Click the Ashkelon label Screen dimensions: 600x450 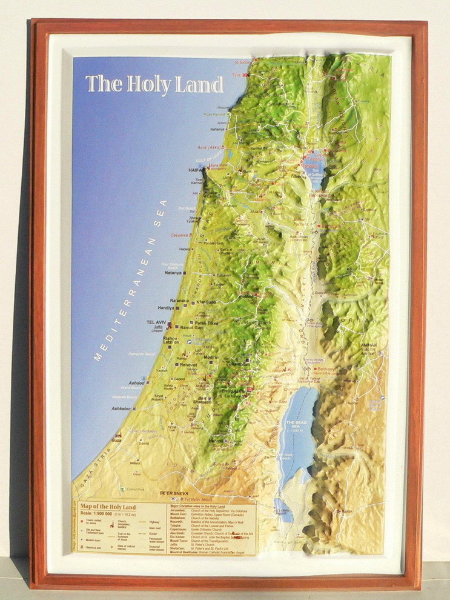pos(121,409)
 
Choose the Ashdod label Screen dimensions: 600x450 pos(137,383)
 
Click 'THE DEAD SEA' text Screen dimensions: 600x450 pos(297,425)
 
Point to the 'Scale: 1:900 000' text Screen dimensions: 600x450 pos(102,515)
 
